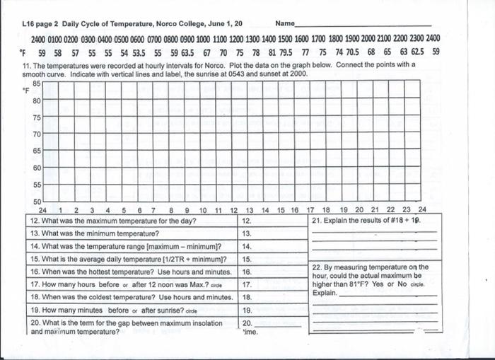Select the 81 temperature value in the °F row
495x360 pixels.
click(x=269, y=52)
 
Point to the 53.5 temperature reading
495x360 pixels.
click(x=139, y=52)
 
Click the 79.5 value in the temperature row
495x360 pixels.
click(x=286, y=52)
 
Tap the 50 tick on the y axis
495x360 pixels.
click(x=37, y=202)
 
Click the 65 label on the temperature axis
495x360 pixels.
click(x=37, y=151)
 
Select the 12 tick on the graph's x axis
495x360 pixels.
click(x=234, y=210)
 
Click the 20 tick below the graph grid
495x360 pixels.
click(x=359, y=210)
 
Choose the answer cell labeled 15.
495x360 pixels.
click(x=247, y=259)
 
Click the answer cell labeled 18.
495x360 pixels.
click(x=247, y=297)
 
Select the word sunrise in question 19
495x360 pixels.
click(x=161, y=310)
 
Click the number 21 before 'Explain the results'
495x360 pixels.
click(x=316, y=221)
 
